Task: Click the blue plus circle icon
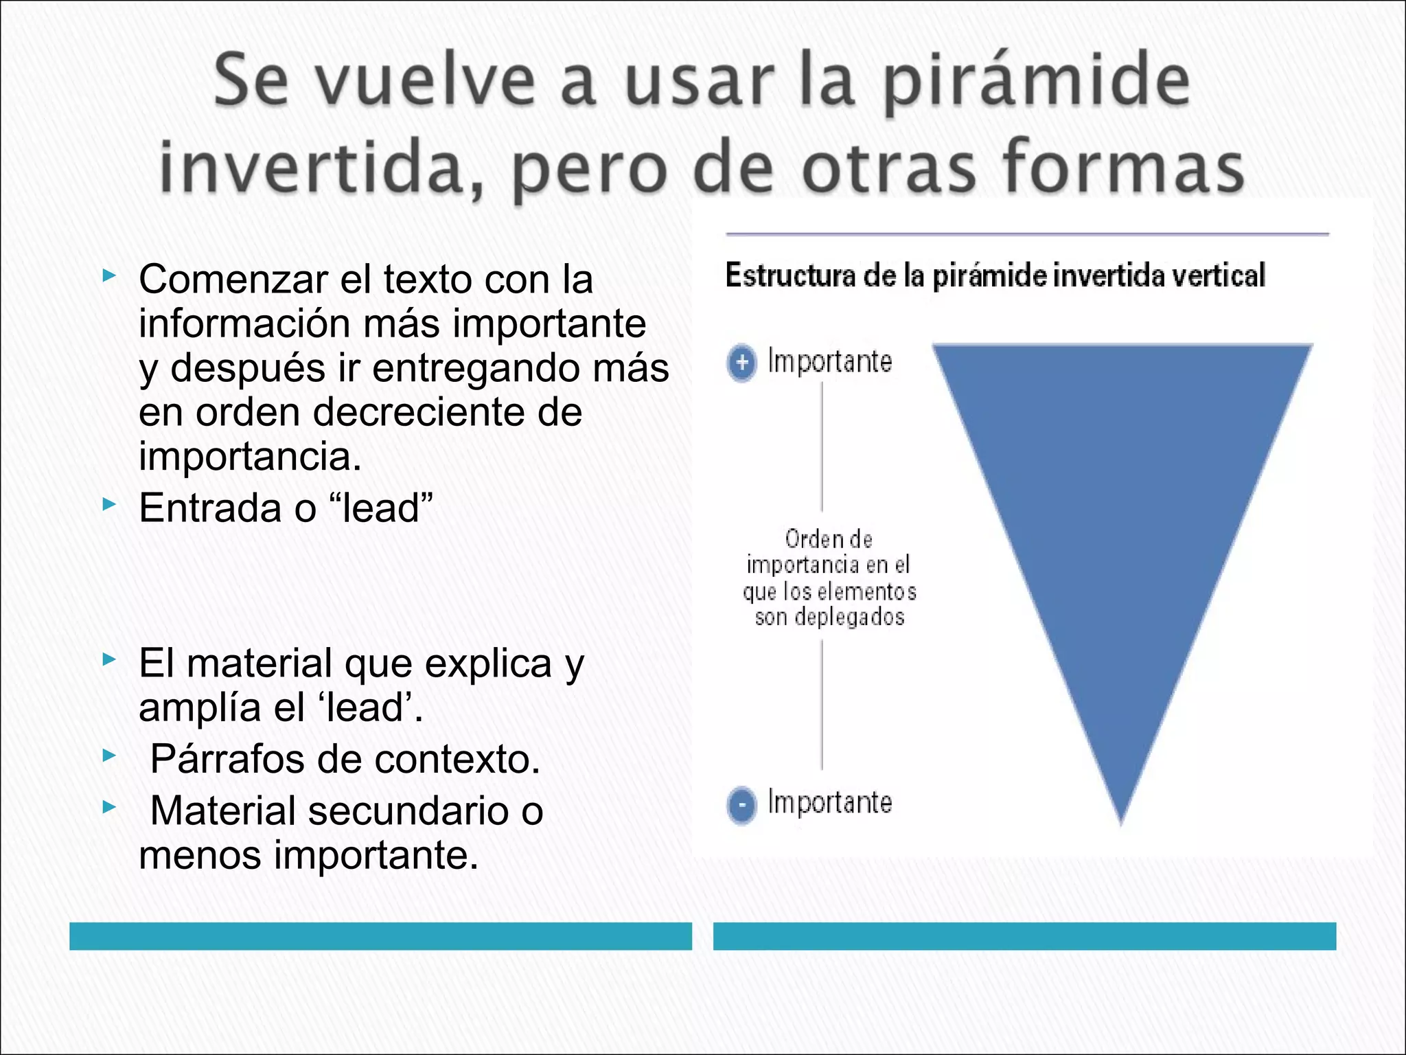741,363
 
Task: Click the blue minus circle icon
741,804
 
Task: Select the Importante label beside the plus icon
829,361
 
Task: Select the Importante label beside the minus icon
829,802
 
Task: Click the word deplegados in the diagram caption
849,617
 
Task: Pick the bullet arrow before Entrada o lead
108,505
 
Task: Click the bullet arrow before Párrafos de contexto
108,756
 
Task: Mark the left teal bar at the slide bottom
380,936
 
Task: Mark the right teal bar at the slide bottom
1024,936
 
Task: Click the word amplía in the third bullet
200,707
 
